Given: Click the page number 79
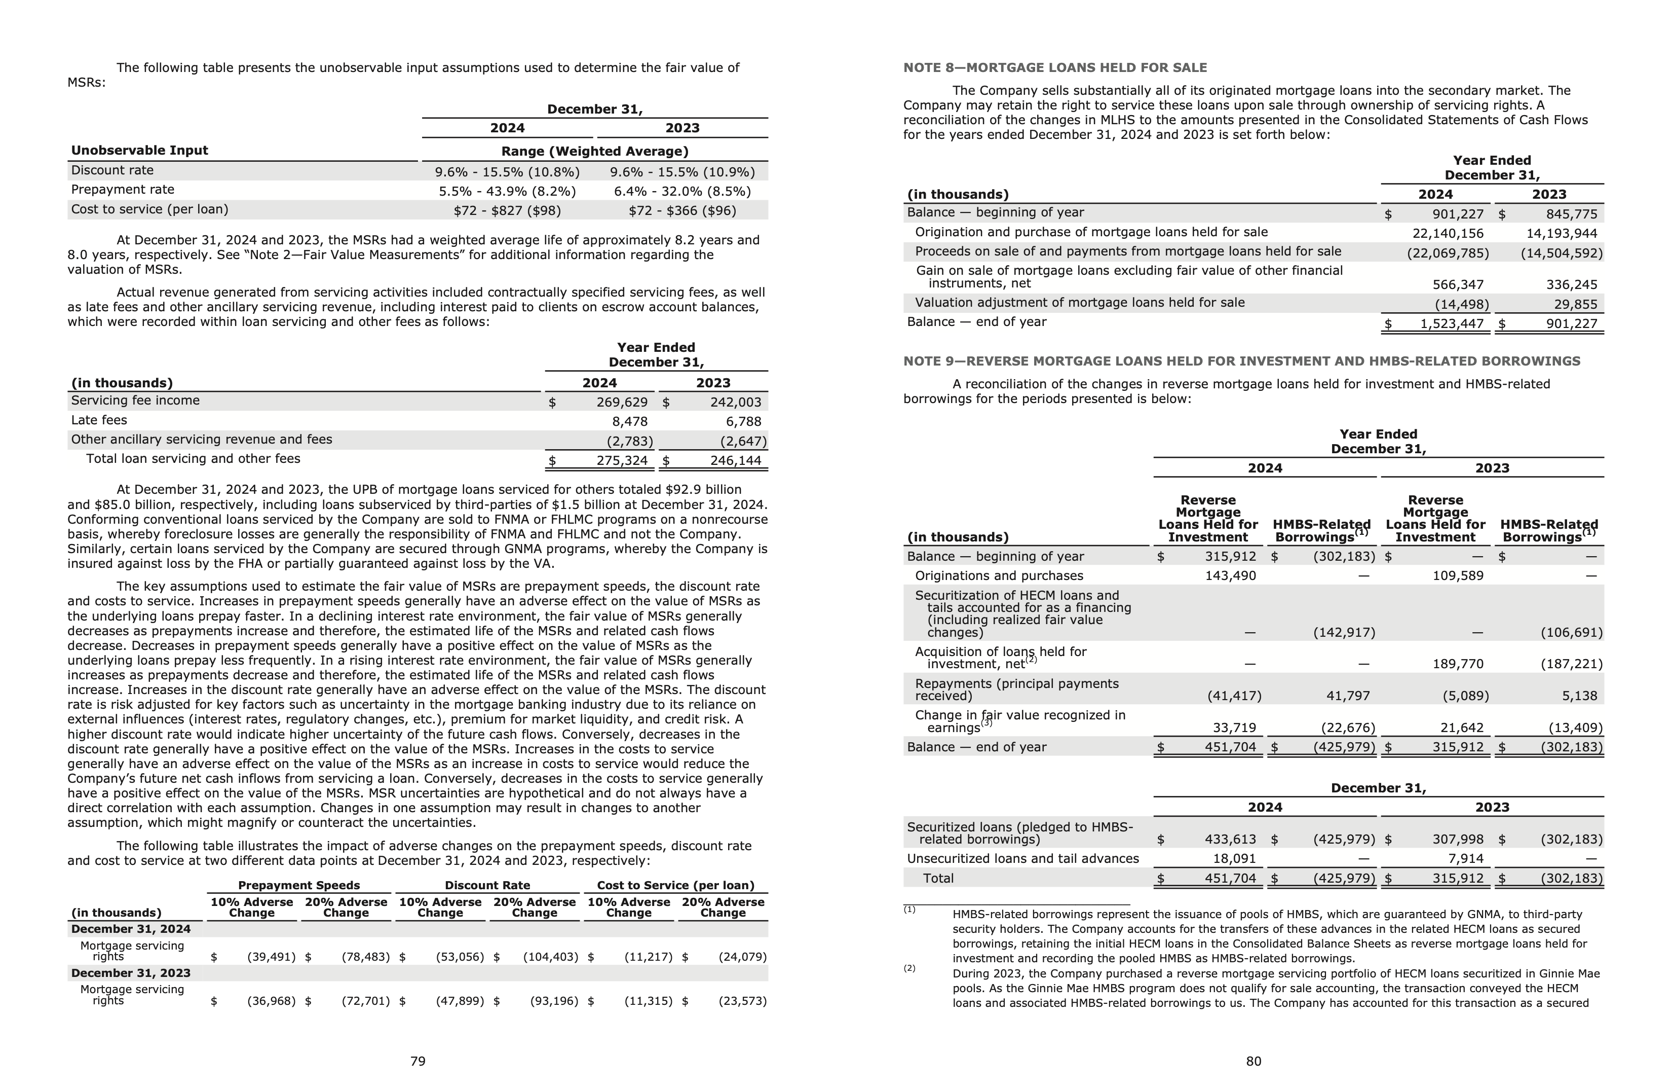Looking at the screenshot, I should (417, 1061).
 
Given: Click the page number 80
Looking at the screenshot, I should (1253, 1061).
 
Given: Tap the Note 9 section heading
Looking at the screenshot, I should (1241, 361).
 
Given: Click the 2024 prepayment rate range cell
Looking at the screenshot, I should (507, 191).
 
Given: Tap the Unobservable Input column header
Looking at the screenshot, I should (139, 151).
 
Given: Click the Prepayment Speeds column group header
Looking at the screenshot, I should (298, 886).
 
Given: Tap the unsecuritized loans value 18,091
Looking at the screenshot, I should (1234, 859).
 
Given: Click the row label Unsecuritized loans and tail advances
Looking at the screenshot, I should (1022, 859).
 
